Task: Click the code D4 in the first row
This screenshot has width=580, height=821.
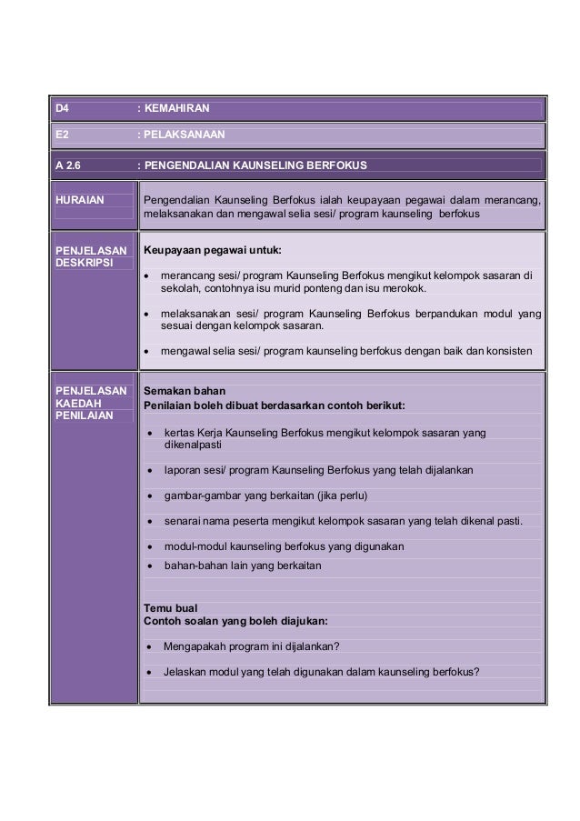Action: [63, 109]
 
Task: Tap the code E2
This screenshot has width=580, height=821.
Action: [62, 135]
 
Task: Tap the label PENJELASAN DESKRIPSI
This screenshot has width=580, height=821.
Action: [89, 255]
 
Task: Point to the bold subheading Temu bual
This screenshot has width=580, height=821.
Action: [172, 606]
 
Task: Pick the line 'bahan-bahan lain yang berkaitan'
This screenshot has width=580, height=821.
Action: [242, 565]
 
